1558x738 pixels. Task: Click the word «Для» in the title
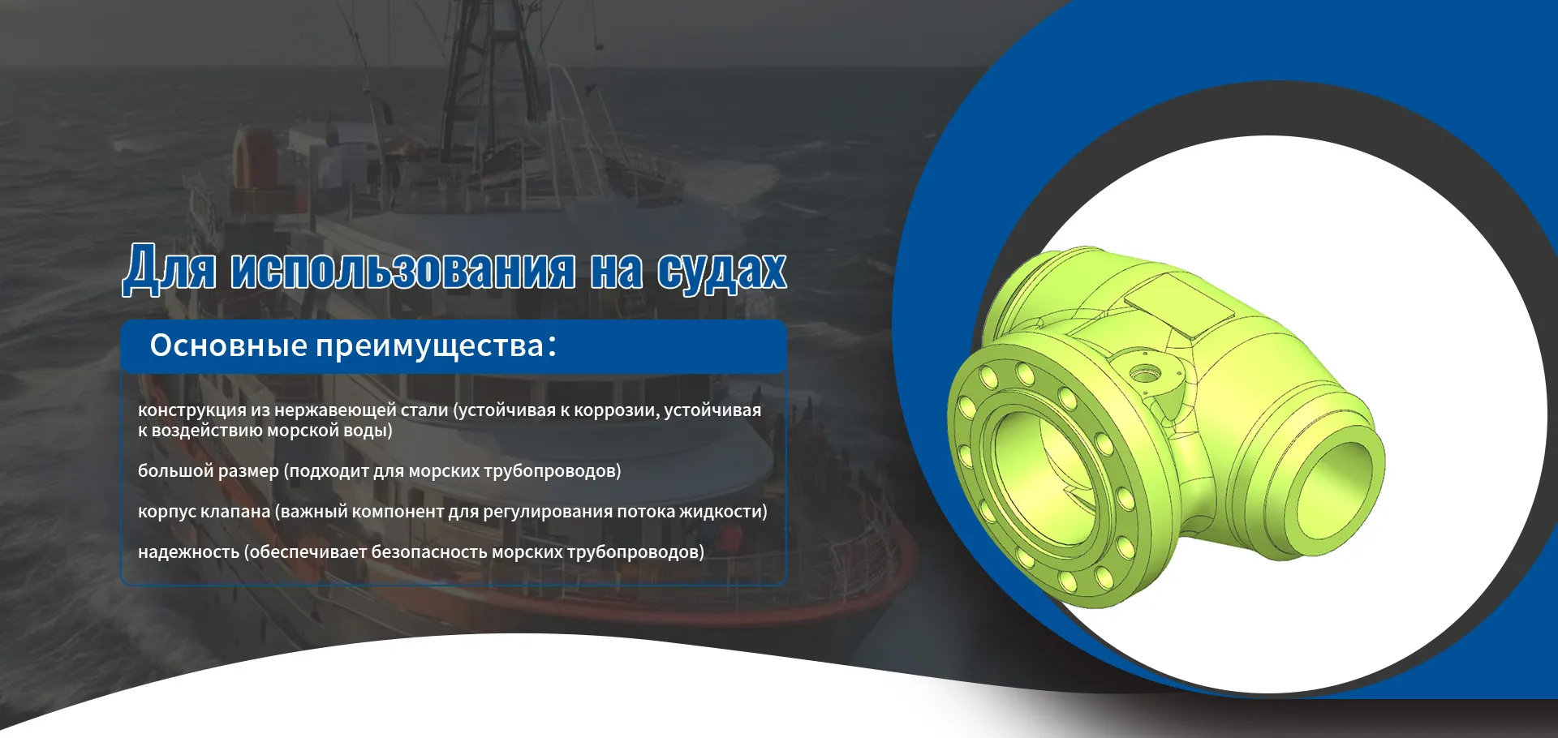pos(170,268)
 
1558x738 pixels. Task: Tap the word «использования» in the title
pos(403,270)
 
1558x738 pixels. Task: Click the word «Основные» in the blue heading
pos(229,345)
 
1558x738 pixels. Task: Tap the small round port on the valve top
pos(1145,375)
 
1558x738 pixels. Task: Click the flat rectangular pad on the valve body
pos(1181,303)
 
